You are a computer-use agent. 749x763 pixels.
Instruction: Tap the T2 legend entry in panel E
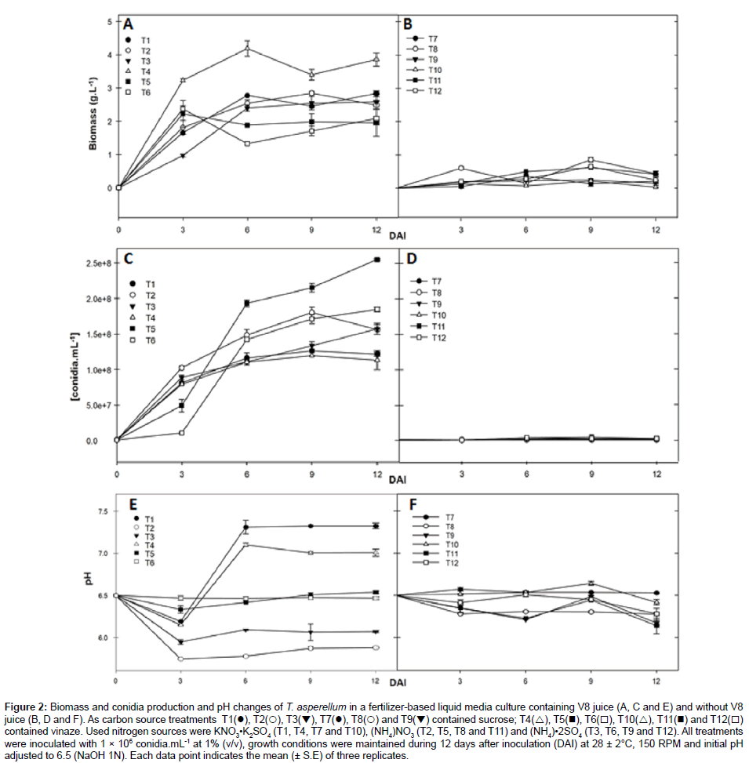(x=142, y=527)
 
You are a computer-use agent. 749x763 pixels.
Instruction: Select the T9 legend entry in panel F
(x=449, y=535)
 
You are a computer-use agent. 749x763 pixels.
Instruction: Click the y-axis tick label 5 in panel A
(x=110, y=20)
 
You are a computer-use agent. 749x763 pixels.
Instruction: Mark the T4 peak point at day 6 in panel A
(x=247, y=49)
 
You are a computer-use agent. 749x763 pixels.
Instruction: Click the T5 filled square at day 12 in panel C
(x=377, y=260)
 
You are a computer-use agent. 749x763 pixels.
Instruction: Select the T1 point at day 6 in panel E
(x=246, y=527)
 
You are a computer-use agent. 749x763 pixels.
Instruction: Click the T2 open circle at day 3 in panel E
(x=182, y=659)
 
